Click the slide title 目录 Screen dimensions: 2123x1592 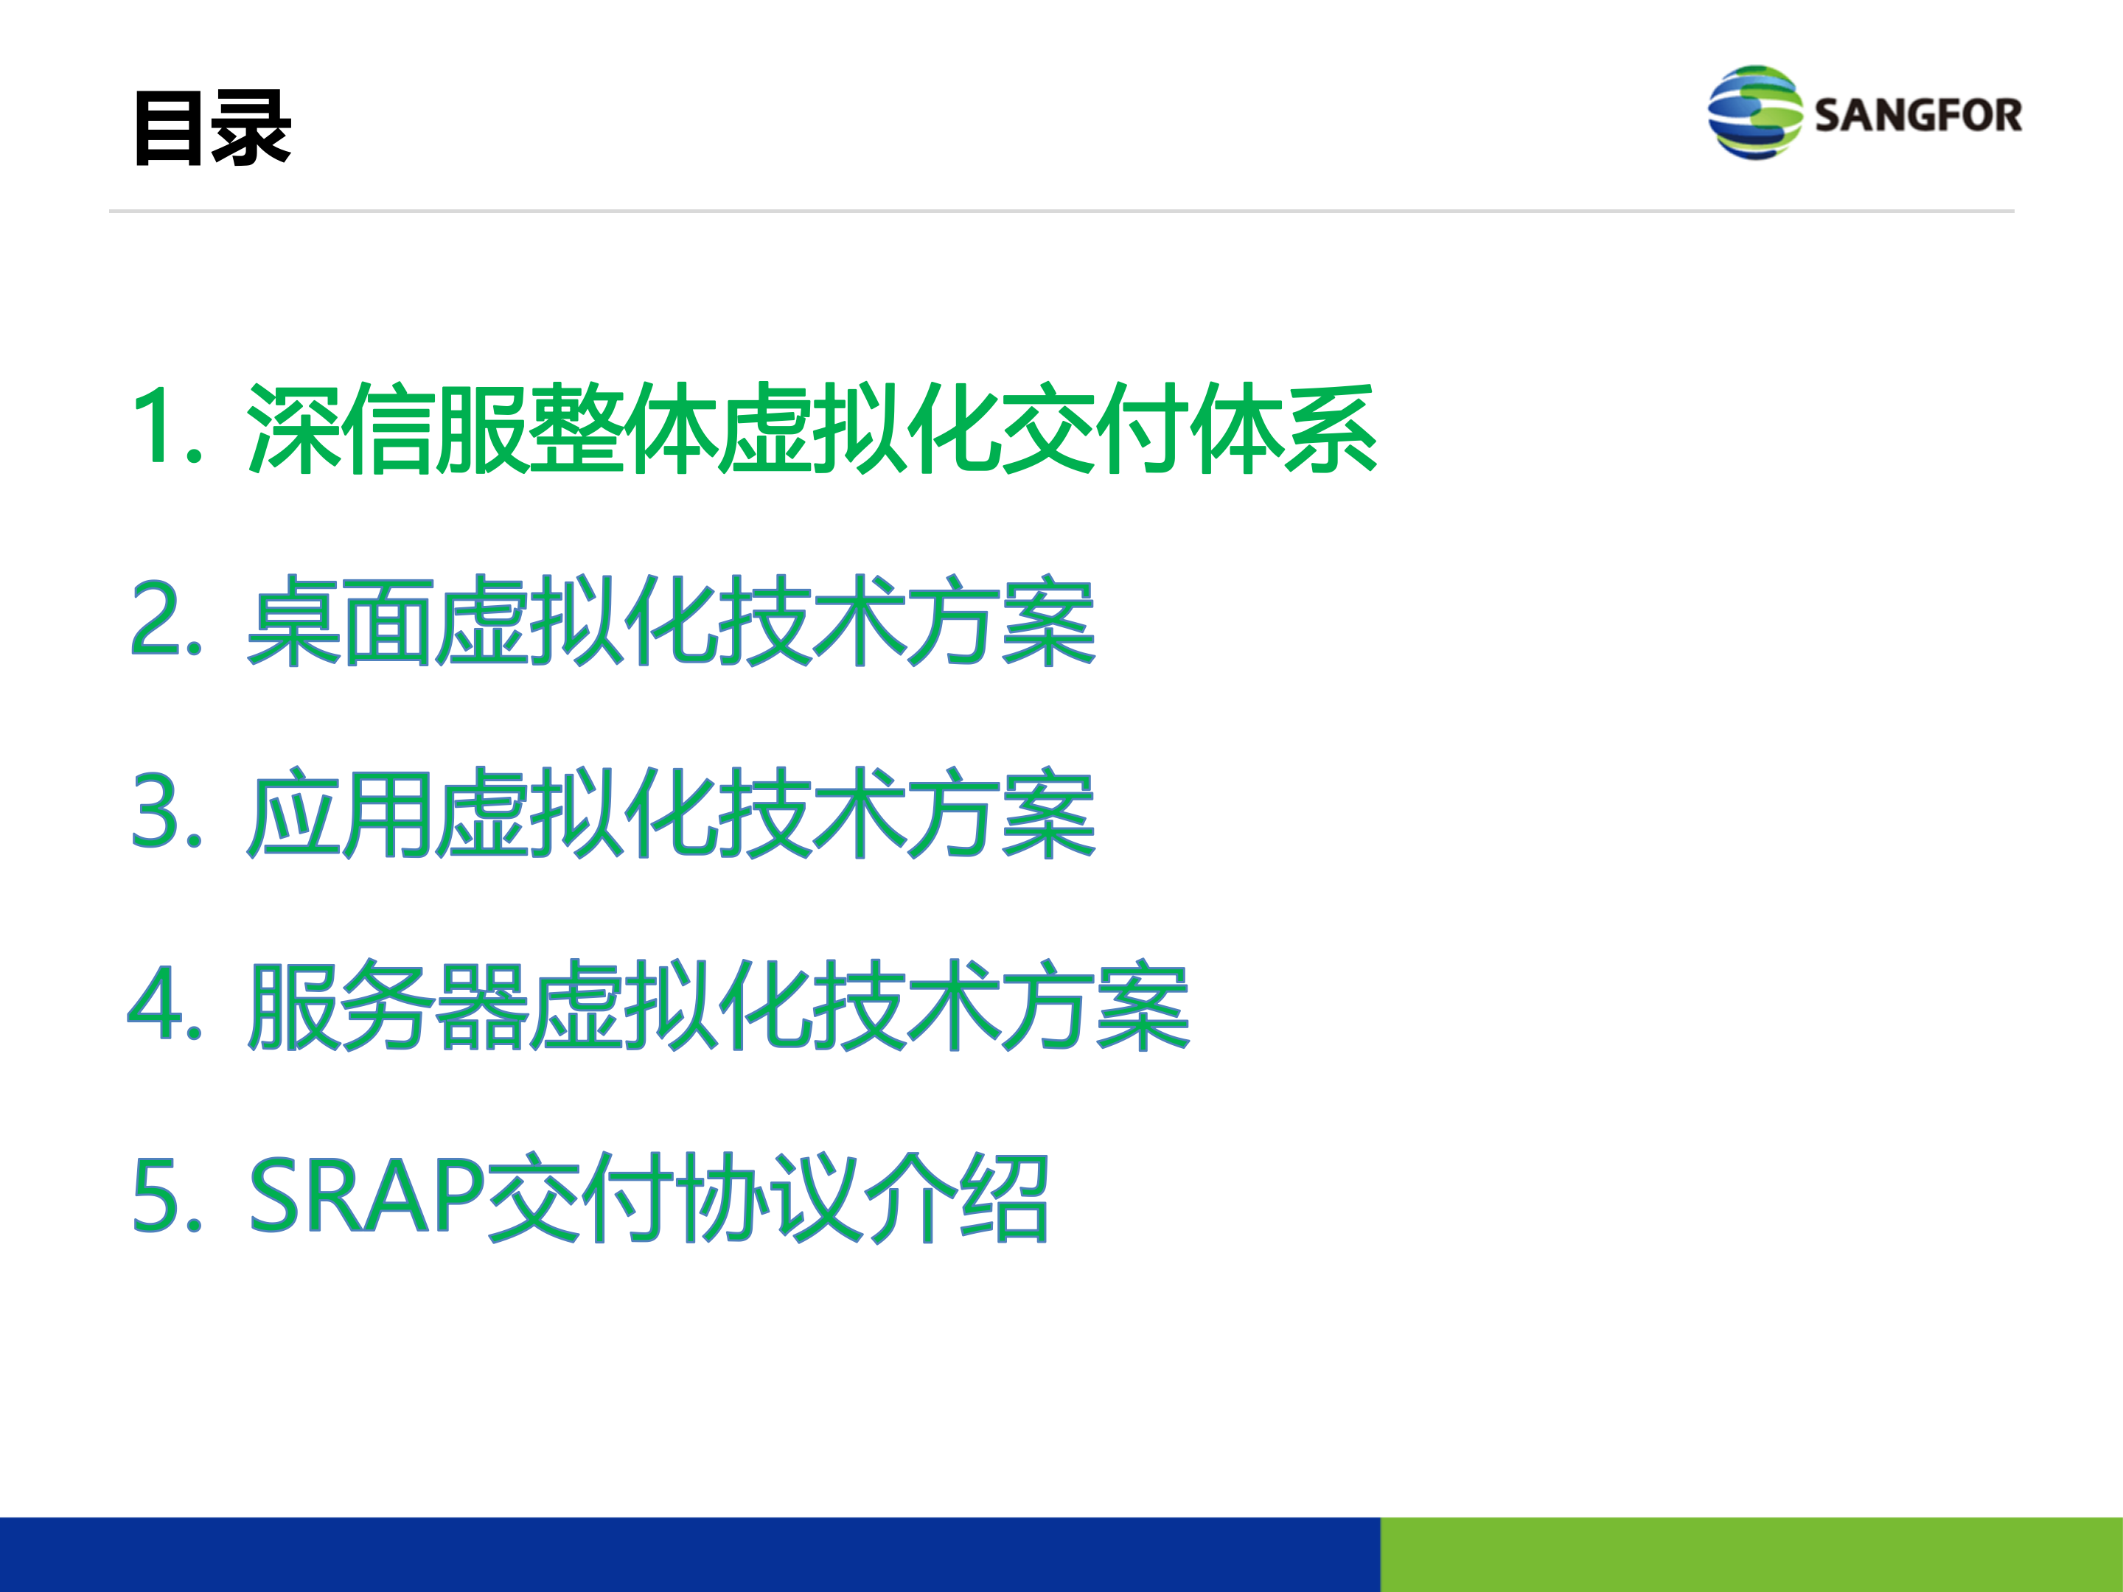(212, 128)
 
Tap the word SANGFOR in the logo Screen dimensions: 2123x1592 (1917, 115)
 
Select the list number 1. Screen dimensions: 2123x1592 (168, 426)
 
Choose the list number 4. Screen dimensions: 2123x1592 (165, 1004)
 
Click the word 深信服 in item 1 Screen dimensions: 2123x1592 (388, 428)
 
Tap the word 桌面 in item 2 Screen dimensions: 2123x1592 (341, 621)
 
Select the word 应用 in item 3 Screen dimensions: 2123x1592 (341, 813)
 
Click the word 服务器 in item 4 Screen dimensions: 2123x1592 (388, 1005)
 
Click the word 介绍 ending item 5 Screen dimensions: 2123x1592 (956, 1197)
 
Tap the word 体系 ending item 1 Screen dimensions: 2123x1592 (1284, 428)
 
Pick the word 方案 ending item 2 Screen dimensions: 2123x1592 (1001, 621)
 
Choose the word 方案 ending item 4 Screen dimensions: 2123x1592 (1095, 1005)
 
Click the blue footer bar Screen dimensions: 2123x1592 (690, 1554)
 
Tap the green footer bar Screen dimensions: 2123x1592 (1751, 1554)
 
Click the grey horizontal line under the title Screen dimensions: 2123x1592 (1061, 211)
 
